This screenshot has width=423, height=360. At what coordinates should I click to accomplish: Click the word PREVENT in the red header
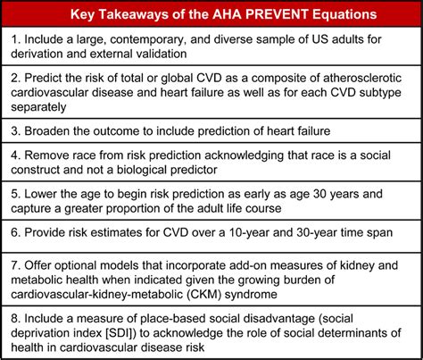(279, 14)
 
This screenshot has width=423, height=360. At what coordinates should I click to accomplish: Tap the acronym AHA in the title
(228, 14)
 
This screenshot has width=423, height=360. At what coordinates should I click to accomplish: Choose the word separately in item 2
(38, 107)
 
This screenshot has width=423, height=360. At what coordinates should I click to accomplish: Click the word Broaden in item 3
(47, 130)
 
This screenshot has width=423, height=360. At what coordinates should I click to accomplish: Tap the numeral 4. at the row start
(16, 155)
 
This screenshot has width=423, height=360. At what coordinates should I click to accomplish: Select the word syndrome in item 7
(251, 295)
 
